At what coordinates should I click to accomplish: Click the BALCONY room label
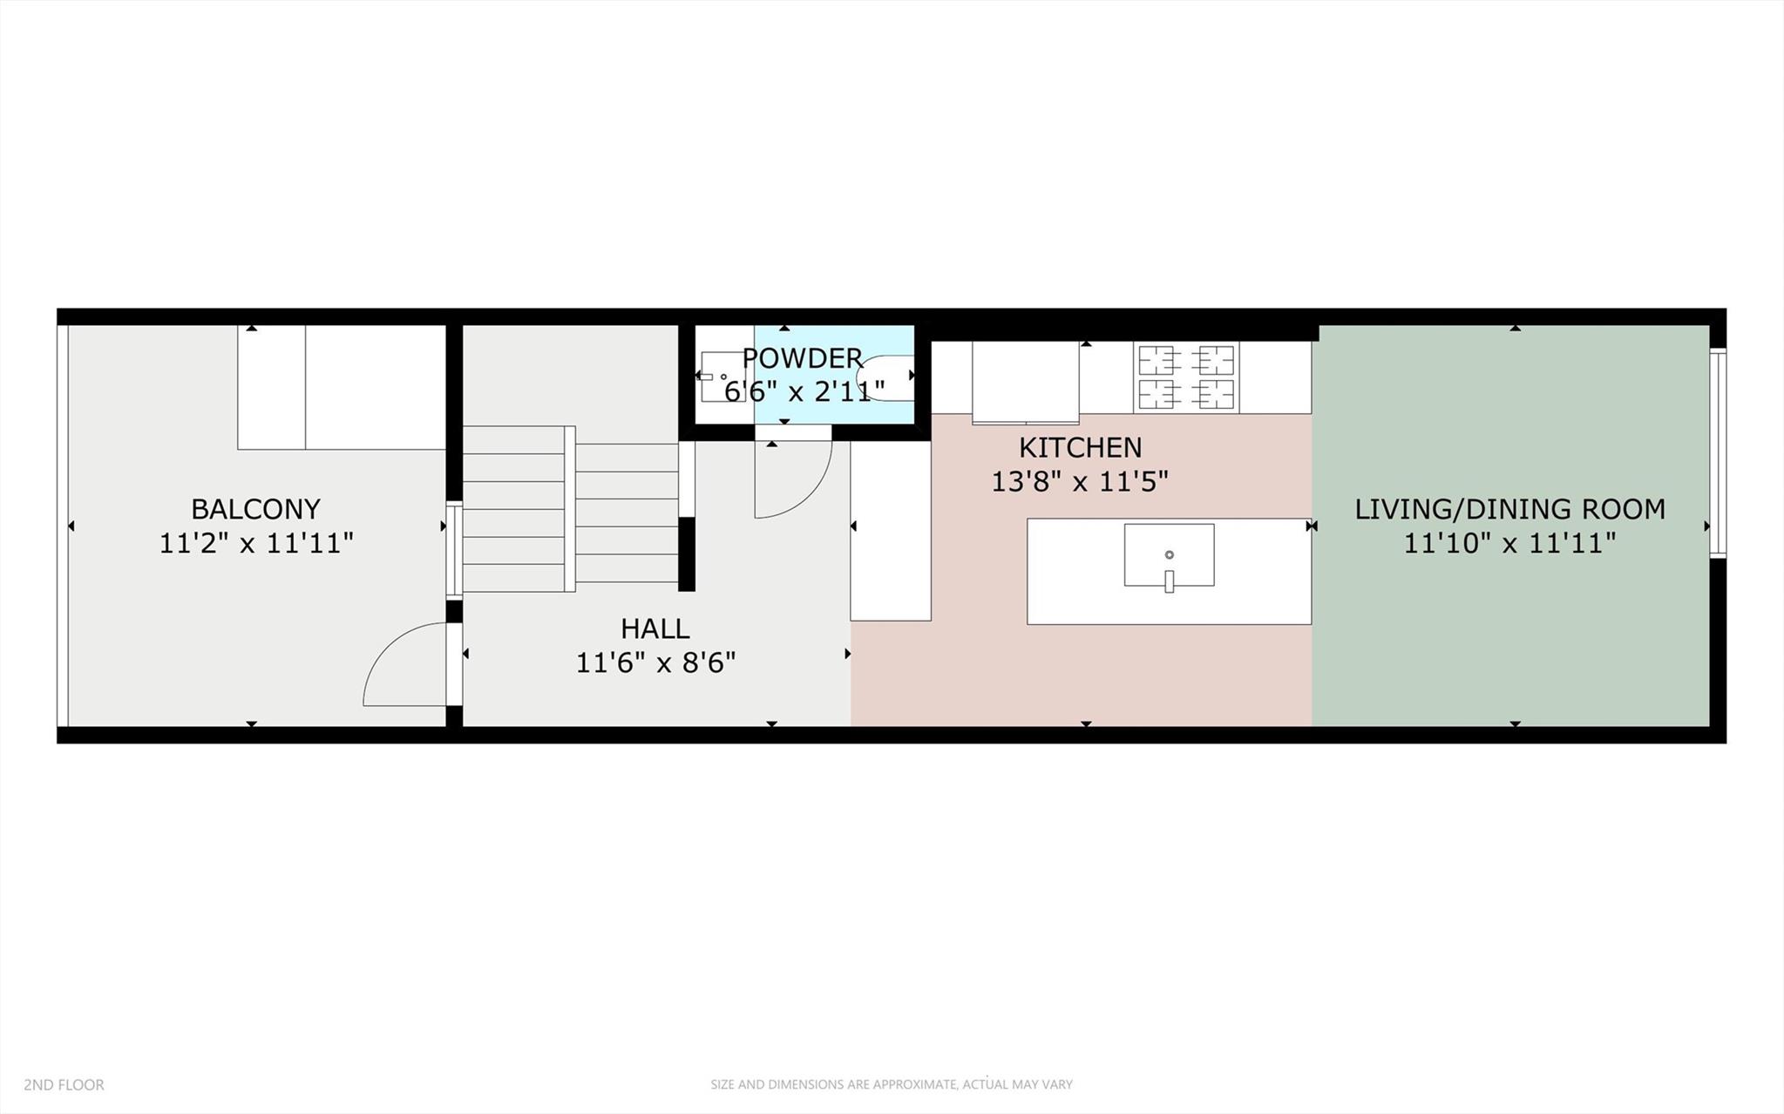pos(255,508)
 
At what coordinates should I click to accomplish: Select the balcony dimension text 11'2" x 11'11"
pos(255,544)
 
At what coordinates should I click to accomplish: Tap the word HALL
pos(655,628)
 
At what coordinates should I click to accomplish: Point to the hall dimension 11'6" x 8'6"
pos(655,663)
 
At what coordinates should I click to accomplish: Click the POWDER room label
pos(802,358)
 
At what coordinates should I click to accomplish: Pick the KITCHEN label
pos(1080,447)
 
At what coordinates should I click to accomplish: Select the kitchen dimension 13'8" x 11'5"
pos(1080,481)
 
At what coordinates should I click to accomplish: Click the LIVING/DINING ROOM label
pos(1509,509)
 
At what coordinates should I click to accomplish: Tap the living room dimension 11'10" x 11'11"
pos(1509,544)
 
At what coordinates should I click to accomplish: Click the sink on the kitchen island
pos(1169,554)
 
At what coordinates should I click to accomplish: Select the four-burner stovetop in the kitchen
pos(1186,377)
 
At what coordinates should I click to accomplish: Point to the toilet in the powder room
pos(887,377)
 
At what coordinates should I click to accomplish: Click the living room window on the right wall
pos(1717,452)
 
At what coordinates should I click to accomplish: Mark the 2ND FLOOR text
pos(64,1084)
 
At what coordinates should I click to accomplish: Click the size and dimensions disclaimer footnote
pos(891,1084)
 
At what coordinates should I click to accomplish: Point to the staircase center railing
pos(570,508)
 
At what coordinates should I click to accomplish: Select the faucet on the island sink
pos(1169,581)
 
